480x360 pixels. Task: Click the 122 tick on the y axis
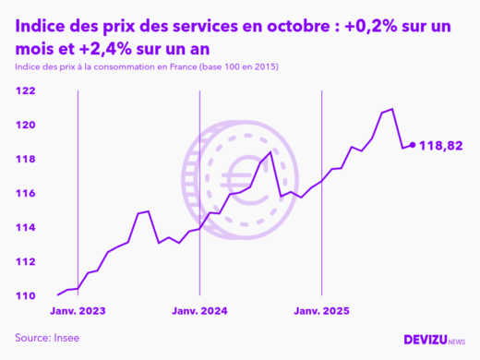click(25, 90)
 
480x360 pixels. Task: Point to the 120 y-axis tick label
click(25, 125)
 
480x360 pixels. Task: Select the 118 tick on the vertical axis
click(25, 159)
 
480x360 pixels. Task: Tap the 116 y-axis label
click(25, 193)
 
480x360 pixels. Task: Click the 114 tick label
click(25, 227)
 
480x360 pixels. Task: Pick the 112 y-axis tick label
click(25, 261)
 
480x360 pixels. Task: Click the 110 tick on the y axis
click(25, 295)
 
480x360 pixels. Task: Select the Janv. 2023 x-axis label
click(78, 311)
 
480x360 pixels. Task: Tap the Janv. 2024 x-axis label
click(199, 311)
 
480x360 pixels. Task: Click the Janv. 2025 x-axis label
click(321, 311)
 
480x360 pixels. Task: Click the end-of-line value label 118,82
click(441, 146)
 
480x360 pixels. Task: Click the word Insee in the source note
click(66, 338)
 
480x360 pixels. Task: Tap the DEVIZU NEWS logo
click(434, 340)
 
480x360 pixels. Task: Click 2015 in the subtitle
click(262, 68)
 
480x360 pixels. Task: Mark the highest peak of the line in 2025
click(392, 109)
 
